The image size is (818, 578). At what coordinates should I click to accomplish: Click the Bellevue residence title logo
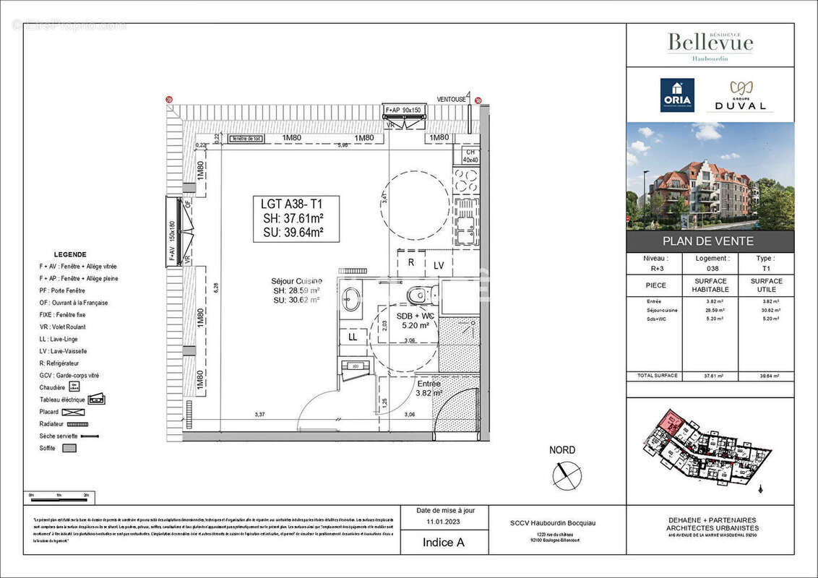pyautogui.click(x=710, y=43)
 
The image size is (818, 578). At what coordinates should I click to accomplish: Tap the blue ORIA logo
pyautogui.click(x=677, y=95)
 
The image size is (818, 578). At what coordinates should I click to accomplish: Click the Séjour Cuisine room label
pyautogui.click(x=296, y=280)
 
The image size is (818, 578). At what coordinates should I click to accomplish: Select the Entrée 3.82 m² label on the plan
pyautogui.click(x=429, y=388)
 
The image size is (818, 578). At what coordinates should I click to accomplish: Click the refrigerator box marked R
pyautogui.click(x=410, y=262)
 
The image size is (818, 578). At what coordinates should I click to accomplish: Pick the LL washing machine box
pyautogui.click(x=353, y=337)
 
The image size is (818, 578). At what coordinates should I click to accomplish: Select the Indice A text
pyautogui.click(x=438, y=542)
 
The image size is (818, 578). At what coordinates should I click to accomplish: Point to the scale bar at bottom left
pyautogui.click(x=59, y=499)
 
